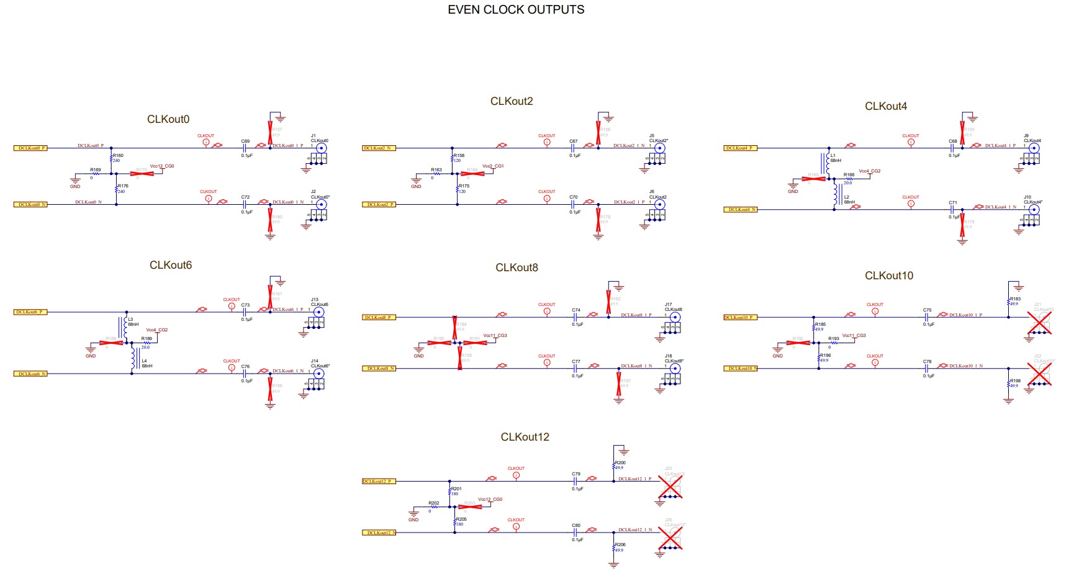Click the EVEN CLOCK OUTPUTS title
pos(516,10)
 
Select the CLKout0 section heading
pos(168,119)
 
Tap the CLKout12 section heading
pos(525,437)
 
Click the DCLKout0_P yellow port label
pos(30,148)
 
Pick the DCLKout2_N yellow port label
pos(379,148)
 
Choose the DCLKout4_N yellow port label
pos(741,210)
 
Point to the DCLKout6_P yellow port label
pos(30,312)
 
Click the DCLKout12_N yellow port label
pos(379,533)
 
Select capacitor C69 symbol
pos(245,148)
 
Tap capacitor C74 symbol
pos(576,317)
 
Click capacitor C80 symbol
pos(576,533)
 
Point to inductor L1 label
pos(833,156)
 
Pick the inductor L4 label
pos(144,361)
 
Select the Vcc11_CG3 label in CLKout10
pos(854,336)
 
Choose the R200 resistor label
pos(620,463)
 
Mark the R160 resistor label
pos(118,156)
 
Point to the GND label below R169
pos(75,186)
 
